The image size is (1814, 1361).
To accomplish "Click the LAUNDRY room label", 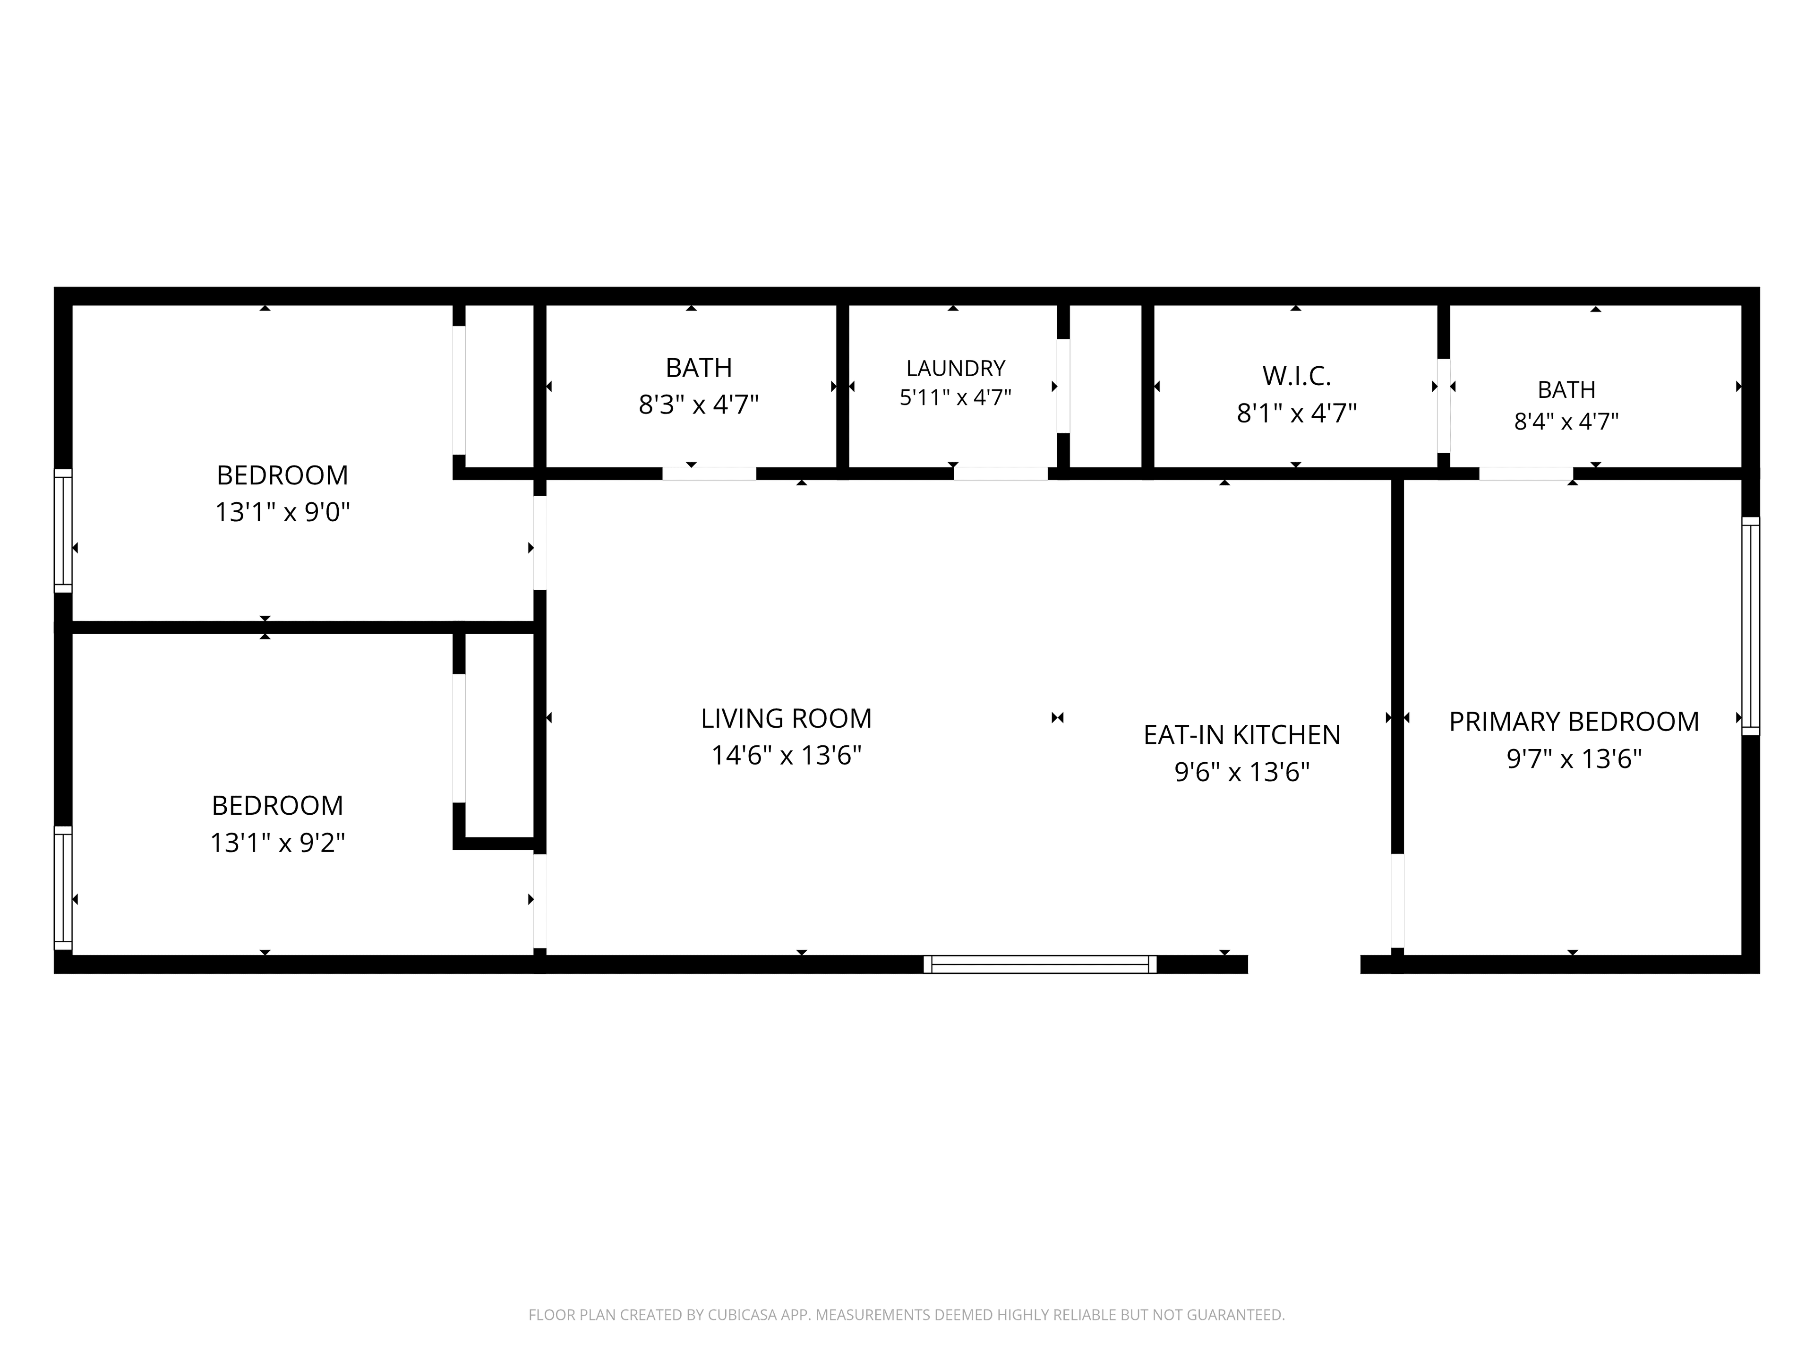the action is coord(955,368).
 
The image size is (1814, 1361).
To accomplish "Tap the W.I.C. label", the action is coord(1297,376).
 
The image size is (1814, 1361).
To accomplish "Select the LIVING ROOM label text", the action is coord(786,719).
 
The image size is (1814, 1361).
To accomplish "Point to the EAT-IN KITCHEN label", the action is coord(1241,735).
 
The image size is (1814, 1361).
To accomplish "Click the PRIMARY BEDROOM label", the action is coord(1574,722).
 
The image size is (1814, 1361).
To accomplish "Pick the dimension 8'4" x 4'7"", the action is coord(1566,422).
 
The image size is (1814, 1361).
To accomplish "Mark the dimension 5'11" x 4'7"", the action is coord(955,398).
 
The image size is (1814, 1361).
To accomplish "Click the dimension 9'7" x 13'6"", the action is coord(1574,759).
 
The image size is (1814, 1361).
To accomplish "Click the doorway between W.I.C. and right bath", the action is coord(1443,405).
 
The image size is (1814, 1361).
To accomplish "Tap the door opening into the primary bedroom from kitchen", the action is coord(1397,901).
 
